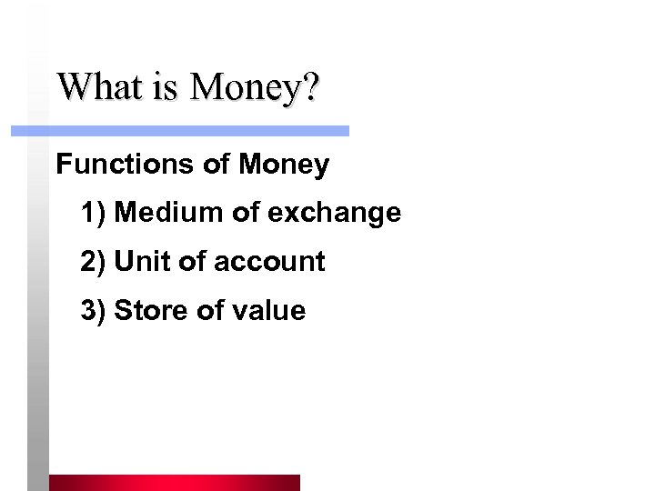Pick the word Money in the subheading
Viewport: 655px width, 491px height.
point(284,165)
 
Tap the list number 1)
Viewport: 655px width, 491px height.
point(94,214)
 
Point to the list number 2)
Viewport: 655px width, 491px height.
point(94,263)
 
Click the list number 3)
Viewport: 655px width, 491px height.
point(94,312)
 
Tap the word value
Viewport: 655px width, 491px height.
point(268,311)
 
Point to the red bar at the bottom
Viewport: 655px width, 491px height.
point(174,482)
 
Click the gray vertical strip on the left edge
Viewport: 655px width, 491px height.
point(36,318)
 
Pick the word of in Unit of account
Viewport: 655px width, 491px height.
point(192,262)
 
